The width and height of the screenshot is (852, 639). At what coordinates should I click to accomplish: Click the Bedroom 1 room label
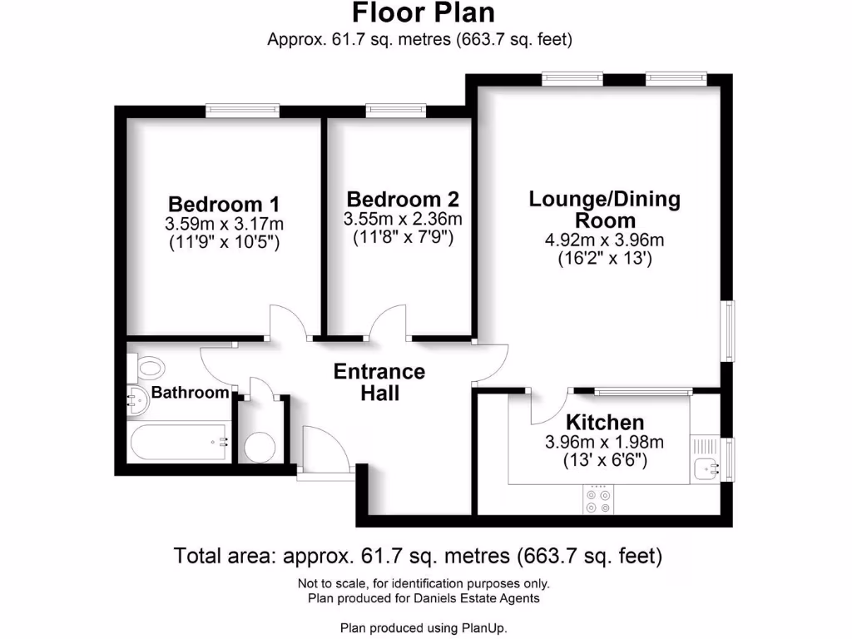point(224,204)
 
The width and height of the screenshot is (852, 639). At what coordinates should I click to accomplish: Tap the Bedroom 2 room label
point(403,200)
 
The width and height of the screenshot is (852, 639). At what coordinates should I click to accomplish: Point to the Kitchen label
point(604,422)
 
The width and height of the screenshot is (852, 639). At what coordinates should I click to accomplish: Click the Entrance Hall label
point(379,382)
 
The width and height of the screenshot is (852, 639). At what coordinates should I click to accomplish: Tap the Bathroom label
point(190,393)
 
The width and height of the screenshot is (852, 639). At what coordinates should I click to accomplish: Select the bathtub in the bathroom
point(177,442)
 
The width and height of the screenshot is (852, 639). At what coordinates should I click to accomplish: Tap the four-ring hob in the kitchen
point(597,499)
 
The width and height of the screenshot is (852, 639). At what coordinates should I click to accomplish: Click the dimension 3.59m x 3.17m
point(224,224)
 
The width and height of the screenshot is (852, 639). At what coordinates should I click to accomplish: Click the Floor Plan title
point(423,13)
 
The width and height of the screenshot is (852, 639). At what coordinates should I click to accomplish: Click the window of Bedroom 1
point(243,110)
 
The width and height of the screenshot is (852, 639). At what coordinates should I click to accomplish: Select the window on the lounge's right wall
point(729,330)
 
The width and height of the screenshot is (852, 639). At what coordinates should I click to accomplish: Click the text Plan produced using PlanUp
point(423,627)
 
